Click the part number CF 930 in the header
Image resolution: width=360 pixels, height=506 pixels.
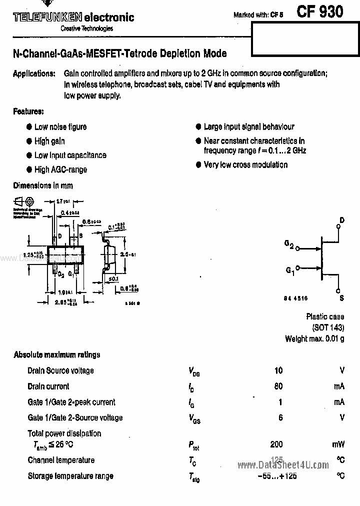point(319,11)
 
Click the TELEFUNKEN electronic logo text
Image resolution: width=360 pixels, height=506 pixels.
point(73,17)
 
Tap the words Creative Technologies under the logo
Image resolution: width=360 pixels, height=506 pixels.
point(87,28)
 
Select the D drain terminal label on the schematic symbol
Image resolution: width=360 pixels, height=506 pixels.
point(342,220)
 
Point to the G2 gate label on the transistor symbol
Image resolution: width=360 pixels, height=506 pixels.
point(289,244)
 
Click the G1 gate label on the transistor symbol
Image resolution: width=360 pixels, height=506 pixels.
point(290,270)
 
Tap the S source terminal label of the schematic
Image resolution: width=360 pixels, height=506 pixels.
point(342,298)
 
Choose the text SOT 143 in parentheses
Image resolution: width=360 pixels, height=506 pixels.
point(328,327)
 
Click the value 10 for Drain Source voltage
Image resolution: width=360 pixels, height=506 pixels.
point(278,370)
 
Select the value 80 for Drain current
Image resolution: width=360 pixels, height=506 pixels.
point(278,386)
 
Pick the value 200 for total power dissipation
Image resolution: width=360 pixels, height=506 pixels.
point(276,444)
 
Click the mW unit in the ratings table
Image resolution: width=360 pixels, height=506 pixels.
point(338,444)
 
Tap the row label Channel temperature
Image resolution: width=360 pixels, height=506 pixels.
point(61,460)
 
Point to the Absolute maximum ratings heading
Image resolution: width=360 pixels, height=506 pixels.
point(57,354)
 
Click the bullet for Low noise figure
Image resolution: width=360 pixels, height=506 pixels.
point(29,127)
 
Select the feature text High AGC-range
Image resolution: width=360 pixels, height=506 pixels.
point(60,169)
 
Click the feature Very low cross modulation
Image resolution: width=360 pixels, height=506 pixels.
point(245,164)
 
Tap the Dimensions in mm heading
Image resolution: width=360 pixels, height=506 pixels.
point(43,185)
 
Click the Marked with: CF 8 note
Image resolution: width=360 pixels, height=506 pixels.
point(258,15)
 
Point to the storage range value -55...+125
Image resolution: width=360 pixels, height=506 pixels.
point(277,476)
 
